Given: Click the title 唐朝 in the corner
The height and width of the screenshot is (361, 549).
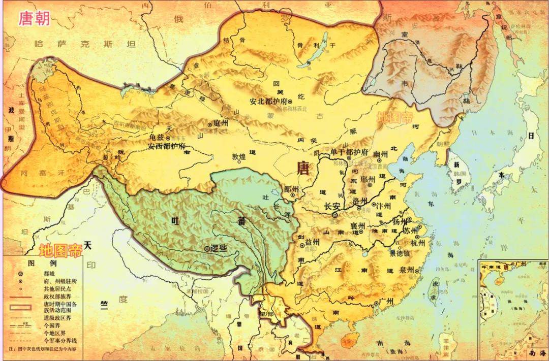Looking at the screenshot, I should [x=34, y=18].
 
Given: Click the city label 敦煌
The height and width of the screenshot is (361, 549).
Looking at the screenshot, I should [x=242, y=156].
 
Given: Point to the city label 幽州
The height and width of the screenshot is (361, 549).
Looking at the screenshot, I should [x=381, y=154].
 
